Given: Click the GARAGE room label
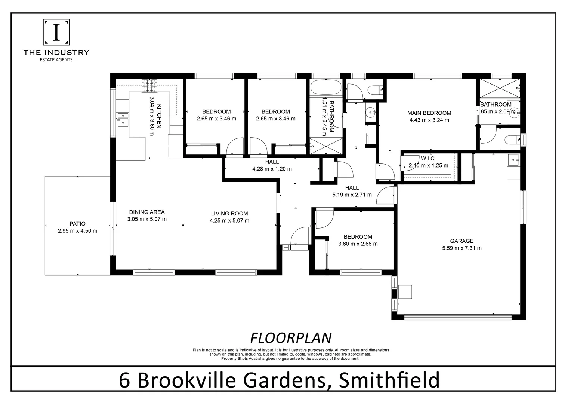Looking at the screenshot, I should [x=462, y=241].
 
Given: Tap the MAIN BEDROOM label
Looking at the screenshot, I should [x=429, y=113].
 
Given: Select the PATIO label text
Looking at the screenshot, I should [x=77, y=224].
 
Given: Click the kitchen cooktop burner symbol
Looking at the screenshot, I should [x=150, y=86].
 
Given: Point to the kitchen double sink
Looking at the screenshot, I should [x=123, y=119].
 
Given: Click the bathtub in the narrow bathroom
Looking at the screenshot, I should [x=326, y=88].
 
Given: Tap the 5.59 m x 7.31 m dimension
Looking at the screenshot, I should [x=462, y=248].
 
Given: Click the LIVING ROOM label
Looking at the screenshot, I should [x=229, y=214].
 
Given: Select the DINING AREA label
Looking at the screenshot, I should [x=146, y=212].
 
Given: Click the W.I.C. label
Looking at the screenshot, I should [x=428, y=159].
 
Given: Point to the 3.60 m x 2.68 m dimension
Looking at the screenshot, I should [x=358, y=244].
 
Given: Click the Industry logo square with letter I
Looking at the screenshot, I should [x=56, y=32].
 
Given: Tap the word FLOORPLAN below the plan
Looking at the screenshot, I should [x=291, y=338].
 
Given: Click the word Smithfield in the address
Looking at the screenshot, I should [x=389, y=380].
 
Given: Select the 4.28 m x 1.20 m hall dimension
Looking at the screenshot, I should [x=272, y=169].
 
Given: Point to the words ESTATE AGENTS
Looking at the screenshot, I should [x=56, y=60].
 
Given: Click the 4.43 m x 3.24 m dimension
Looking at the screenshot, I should [x=429, y=120].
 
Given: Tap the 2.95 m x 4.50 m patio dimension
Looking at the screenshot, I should [x=77, y=231].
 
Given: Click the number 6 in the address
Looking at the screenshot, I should [x=125, y=380].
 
